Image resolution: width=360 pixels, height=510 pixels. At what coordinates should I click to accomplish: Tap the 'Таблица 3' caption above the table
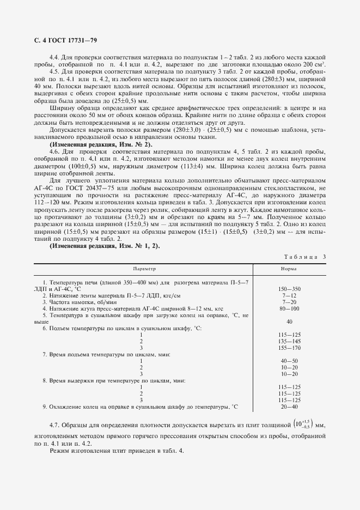[x=304, y=257]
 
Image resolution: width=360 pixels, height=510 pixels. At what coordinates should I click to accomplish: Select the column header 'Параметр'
[x=144, y=269]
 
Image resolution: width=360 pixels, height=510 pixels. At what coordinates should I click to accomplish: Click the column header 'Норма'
[x=289, y=269]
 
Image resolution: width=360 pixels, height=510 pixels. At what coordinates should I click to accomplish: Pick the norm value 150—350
[x=289, y=288]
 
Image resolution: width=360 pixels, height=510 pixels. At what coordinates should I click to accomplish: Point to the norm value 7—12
[x=289, y=295]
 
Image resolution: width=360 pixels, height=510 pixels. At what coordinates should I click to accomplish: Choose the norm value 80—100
[x=289, y=308]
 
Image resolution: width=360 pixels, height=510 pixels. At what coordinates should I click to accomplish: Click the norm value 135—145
[x=289, y=341]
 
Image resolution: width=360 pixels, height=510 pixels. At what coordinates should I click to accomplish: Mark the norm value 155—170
[x=289, y=347]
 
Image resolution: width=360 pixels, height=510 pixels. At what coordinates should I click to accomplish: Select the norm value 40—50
[x=289, y=361]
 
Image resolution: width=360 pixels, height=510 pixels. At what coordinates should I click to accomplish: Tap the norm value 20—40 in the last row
[x=289, y=406]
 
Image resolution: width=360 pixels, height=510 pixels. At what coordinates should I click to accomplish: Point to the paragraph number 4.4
[x=54, y=57]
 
